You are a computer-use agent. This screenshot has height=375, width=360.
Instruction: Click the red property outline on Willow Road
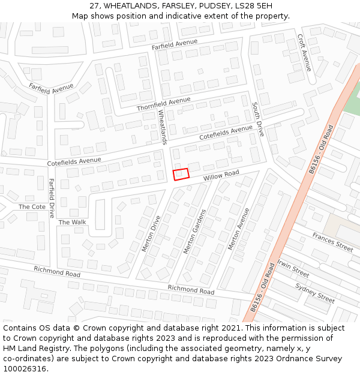(181, 174)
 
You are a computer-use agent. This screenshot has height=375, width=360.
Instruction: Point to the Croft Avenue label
(305, 53)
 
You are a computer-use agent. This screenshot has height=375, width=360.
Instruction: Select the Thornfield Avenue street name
(163, 104)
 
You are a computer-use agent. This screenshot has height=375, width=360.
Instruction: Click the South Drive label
(257, 119)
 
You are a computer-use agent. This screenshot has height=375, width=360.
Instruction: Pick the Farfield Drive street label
(52, 198)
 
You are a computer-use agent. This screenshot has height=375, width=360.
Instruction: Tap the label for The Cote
(32, 206)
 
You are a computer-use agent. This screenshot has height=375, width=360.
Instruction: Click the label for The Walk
(72, 222)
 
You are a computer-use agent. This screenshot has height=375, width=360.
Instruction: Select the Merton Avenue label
(238, 229)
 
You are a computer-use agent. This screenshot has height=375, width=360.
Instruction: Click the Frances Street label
(332, 242)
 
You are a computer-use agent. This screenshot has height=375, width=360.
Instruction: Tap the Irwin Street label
(293, 268)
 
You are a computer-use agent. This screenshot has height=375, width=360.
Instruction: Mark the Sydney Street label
(315, 292)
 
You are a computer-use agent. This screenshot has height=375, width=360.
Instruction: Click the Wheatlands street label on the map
(162, 126)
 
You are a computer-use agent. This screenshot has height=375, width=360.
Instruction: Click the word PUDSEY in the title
(200, 5)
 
